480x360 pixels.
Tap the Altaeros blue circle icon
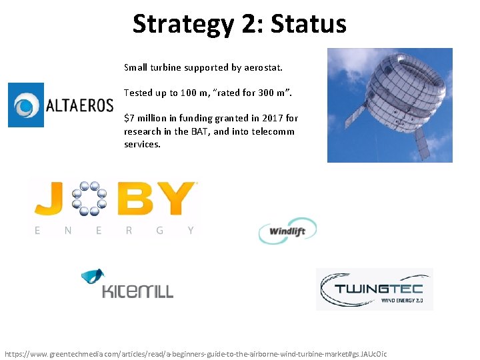click(26, 105)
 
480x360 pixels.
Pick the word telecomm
click(273, 131)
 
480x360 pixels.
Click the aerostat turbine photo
click(389, 105)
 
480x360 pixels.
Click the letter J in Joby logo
click(50, 199)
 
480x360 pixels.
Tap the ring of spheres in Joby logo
click(89, 198)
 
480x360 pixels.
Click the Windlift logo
click(287, 231)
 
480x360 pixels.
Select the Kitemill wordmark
click(137, 291)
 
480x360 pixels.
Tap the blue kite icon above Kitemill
click(93, 277)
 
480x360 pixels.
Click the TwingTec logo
click(374, 289)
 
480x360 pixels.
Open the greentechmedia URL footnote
click(195, 353)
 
